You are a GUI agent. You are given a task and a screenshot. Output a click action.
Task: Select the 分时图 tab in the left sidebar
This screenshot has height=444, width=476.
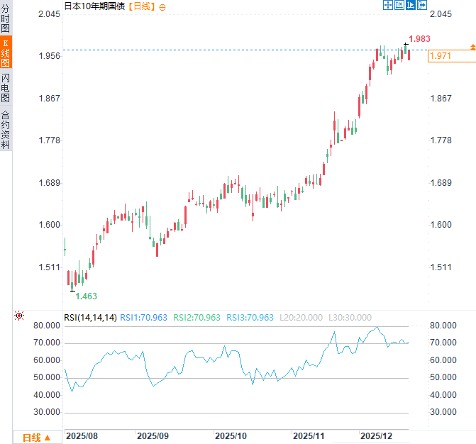click(6, 18)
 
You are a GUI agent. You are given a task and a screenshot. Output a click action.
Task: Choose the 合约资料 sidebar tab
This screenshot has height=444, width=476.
click(6, 129)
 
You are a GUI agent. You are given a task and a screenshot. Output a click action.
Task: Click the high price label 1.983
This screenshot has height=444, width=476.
click(420, 39)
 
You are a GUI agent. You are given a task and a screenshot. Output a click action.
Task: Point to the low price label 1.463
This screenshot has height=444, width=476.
click(86, 296)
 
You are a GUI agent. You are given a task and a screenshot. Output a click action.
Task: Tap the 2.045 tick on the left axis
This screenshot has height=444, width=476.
click(49, 14)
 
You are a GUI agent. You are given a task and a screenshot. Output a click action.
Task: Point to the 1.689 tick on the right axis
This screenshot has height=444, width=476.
click(441, 183)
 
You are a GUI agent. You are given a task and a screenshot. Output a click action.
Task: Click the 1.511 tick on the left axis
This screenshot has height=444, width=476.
click(49, 267)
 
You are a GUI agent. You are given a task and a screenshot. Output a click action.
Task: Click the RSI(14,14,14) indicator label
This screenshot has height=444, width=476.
click(90, 318)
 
